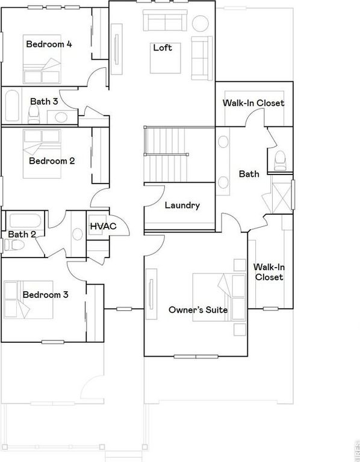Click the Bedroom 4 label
click(49, 44)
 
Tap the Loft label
click(163, 48)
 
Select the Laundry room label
click(182, 205)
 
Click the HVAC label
click(103, 226)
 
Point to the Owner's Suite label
click(198, 310)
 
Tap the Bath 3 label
click(44, 101)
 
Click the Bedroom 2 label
click(52, 161)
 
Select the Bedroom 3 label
click(45, 295)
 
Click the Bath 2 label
click(22, 235)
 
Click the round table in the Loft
click(200, 23)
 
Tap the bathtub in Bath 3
click(12, 105)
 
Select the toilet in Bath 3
click(34, 114)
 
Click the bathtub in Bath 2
click(25, 221)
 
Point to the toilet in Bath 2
click(14, 245)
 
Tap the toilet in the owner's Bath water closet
click(280, 161)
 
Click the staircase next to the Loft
click(166, 155)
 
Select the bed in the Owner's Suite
click(219, 297)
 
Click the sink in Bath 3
click(61, 117)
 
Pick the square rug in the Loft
click(166, 58)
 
